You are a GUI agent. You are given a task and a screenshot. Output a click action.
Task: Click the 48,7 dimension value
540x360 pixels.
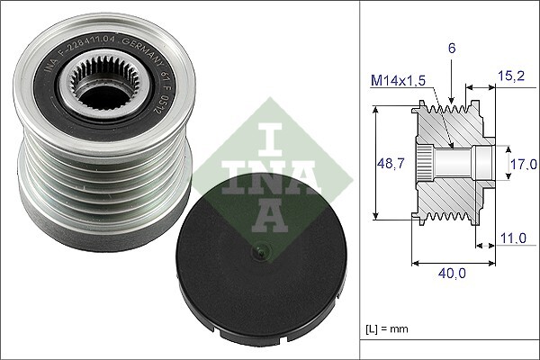[x=386, y=164]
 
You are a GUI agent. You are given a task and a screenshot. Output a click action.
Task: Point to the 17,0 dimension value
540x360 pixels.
[x=522, y=165]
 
